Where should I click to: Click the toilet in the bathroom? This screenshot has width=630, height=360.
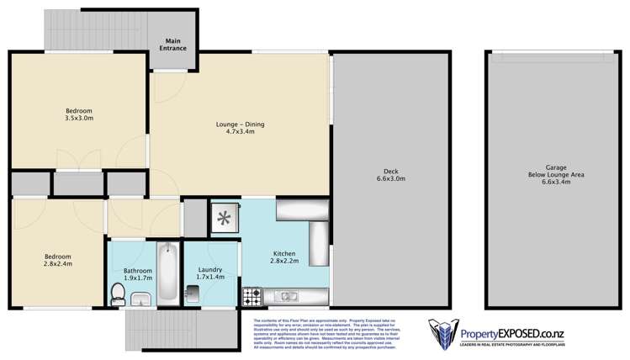point(117,294)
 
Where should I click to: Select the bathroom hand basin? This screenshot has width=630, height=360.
point(140,299)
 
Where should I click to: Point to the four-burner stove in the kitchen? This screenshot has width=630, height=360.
point(251,296)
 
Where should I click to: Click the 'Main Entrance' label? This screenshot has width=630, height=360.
point(174,45)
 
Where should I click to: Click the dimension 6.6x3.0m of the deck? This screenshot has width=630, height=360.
point(389,178)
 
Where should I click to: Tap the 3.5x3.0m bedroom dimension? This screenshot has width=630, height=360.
point(79,119)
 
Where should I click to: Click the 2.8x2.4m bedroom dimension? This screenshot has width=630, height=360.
point(58,264)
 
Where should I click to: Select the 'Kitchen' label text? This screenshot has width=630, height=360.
point(284,252)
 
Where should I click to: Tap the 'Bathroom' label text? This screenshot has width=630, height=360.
point(137,270)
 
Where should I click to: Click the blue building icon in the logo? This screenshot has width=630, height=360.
point(442,334)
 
